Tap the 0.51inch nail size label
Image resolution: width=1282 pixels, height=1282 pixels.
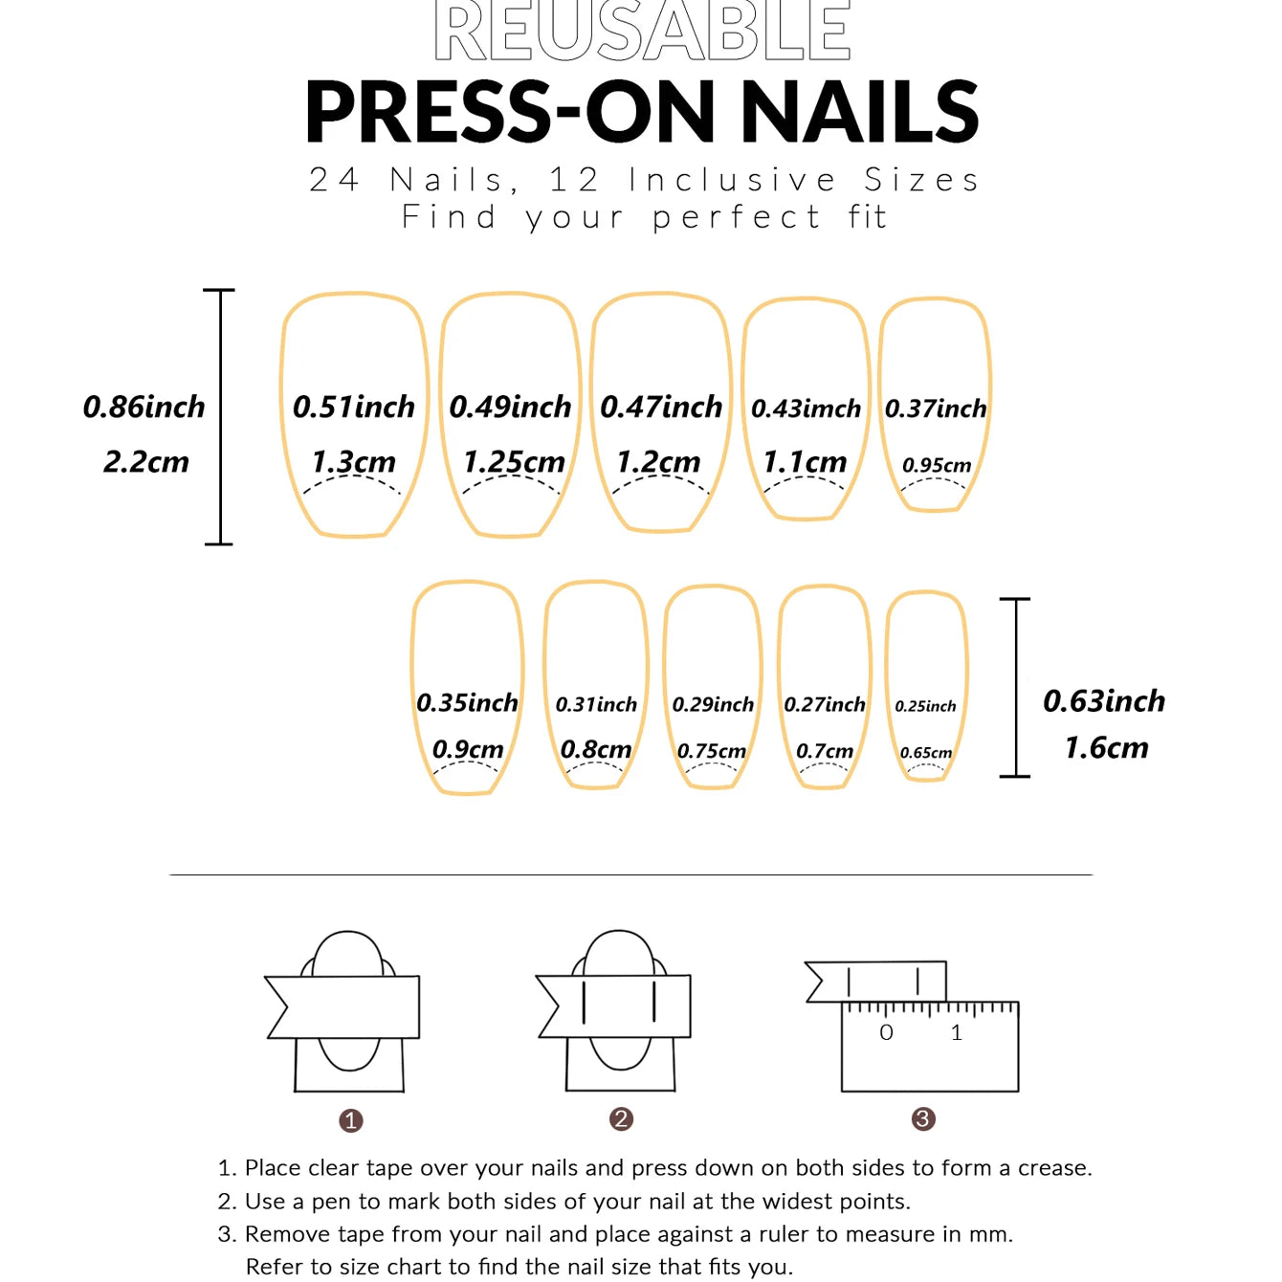tap(353, 407)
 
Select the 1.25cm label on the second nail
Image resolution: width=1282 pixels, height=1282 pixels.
tap(514, 462)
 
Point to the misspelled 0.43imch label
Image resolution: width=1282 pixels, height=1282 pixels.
tap(806, 409)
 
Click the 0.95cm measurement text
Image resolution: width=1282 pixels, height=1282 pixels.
tap(936, 465)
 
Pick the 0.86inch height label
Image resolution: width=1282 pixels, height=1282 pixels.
tap(144, 407)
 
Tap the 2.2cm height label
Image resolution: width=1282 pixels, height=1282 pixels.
tap(146, 462)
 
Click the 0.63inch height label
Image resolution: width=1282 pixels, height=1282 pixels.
tap(1103, 701)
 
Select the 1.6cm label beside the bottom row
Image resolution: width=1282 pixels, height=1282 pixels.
tap(1106, 747)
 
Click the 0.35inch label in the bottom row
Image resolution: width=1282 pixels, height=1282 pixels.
tap(467, 703)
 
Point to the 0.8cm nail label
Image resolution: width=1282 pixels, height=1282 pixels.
tap(595, 749)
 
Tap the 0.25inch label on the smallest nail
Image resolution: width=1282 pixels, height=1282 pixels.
tap(925, 706)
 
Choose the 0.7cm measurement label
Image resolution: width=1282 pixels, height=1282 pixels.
tap(824, 751)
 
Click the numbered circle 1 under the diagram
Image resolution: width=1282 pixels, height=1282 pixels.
tap(351, 1120)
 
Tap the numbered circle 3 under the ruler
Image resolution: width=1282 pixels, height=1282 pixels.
tap(923, 1118)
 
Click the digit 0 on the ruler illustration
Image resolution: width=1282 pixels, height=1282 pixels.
tap(886, 1032)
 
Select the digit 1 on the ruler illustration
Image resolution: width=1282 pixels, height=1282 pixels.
tap(956, 1032)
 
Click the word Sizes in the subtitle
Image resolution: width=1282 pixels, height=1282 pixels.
tap(921, 180)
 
